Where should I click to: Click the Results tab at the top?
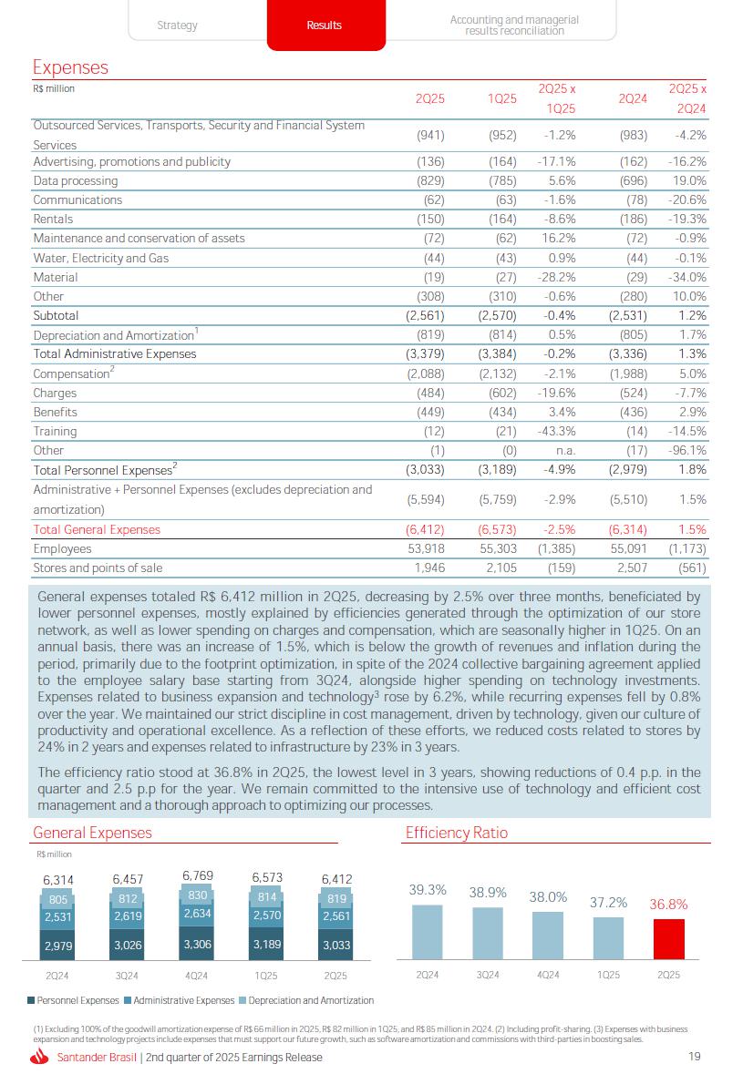(325, 26)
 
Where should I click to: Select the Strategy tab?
(177, 26)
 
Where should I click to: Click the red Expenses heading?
(70, 67)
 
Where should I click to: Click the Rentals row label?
(53, 220)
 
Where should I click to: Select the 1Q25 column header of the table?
(502, 98)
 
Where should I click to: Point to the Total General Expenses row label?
(97, 530)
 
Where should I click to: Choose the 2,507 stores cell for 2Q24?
(630, 568)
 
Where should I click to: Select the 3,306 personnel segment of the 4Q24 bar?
(198, 945)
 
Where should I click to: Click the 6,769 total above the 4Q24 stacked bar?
(198, 876)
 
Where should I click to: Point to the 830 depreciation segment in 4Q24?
(198, 895)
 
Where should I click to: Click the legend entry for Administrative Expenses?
(179, 1000)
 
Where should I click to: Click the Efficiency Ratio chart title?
(456, 833)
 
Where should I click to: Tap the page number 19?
(695, 1058)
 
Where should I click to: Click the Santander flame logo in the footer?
(39, 1058)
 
